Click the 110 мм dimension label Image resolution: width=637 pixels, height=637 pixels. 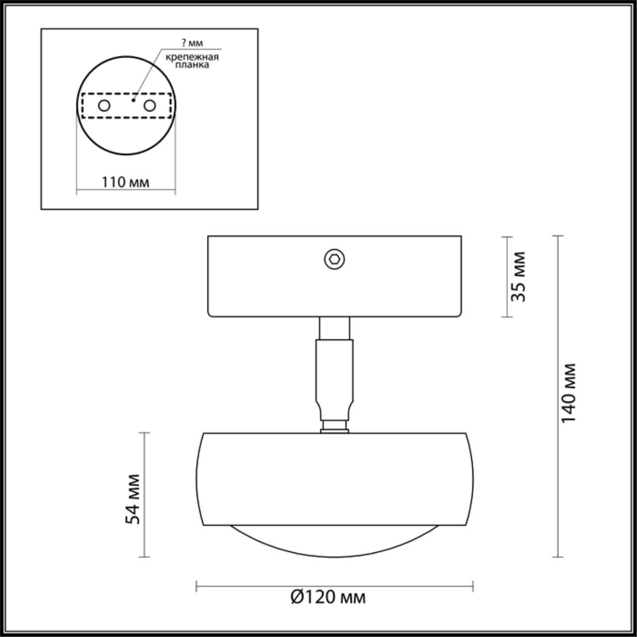[x=125, y=182]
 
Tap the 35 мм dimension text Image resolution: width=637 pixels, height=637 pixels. [x=518, y=277]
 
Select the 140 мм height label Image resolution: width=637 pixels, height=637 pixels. [x=569, y=393]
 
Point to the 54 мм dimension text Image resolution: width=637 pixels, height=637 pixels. [x=133, y=499]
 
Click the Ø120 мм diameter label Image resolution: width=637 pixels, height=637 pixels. [x=328, y=597]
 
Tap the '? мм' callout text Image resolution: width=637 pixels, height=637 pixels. [x=192, y=43]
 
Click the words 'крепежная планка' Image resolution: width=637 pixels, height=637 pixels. [x=192, y=61]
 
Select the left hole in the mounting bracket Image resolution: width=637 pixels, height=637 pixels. [x=104, y=106]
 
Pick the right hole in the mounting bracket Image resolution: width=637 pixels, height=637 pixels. [x=149, y=106]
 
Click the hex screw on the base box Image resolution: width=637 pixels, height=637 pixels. [x=334, y=259]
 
